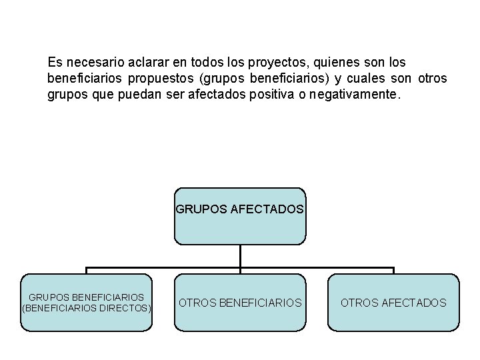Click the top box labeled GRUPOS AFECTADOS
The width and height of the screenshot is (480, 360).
(x=240, y=216)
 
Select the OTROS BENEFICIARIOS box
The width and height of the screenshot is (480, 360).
(x=240, y=303)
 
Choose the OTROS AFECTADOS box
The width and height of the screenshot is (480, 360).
(x=393, y=303)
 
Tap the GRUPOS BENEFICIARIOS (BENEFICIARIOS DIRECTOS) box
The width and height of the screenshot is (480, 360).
(x=87, y=303)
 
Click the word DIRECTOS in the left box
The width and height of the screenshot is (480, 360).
(x=128, y=309)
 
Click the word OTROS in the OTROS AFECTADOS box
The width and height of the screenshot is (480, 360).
(x=359, y=303)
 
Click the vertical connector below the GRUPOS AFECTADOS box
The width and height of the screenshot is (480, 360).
(x=240, y=257)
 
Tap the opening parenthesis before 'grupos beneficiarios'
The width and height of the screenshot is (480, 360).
(x=202, y=79)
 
